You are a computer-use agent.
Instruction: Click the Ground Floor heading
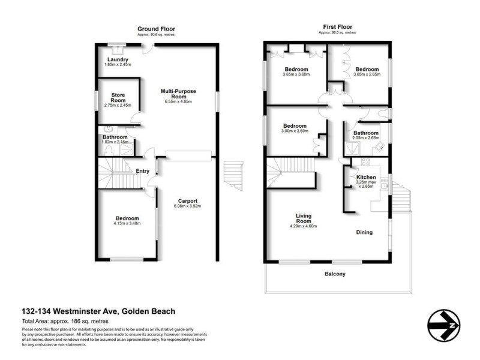(x=156, y=29)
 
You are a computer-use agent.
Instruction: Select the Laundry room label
(x=118, y=60)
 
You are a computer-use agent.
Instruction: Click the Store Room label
(x=117, y=98)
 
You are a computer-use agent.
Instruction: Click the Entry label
(x=142, y=171)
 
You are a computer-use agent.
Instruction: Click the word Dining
(x=364, y=232)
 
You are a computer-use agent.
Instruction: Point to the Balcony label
(x=335, y=274)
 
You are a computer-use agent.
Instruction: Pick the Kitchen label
(x=366, y=178)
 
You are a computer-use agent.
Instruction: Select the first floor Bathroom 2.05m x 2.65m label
(x=365, y=134)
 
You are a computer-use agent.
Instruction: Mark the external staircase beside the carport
(x=233, y=177)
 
